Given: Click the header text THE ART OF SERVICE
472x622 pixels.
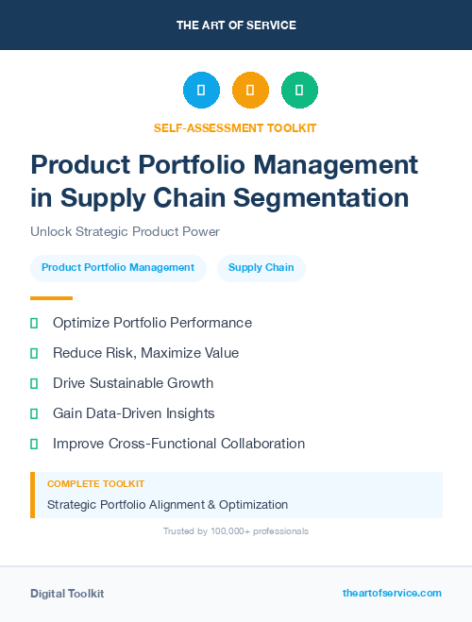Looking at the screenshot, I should click(236, 25).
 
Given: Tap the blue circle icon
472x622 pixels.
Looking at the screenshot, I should click(201, 91).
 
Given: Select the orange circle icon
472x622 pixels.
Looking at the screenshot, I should click(250, 91).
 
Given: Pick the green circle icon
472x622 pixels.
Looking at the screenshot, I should click(299, 91).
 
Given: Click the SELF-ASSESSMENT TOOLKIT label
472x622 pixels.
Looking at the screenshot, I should click(235, 127).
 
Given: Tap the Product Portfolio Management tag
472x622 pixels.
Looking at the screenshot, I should click(118, 268).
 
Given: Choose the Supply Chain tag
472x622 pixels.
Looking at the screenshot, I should click(261, 268).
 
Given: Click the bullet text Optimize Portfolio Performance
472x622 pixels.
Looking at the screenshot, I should click(152, 323).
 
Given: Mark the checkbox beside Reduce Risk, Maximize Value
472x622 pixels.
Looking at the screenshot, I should click(34, 353).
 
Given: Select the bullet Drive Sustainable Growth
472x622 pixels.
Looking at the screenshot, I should click(133, 383).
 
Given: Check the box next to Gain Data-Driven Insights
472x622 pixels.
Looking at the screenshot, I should click(34, 413).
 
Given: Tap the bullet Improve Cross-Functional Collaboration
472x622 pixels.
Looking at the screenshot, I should click(178, 444).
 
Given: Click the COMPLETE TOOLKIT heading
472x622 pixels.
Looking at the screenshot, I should click(95, 483).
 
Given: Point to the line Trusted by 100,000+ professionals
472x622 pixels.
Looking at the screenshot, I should click(236, 531).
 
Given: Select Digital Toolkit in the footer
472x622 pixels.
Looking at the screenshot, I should click(67, 594).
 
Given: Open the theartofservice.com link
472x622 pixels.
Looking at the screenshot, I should click(392, 593).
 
